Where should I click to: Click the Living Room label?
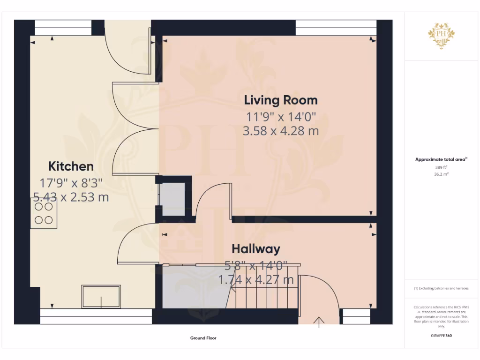280,100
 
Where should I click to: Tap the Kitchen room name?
71,166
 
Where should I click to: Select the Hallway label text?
255,248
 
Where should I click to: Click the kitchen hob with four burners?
44,213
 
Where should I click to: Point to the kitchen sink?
101,296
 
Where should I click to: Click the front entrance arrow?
320,322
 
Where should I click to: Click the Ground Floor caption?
203,337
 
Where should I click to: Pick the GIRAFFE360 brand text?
441,336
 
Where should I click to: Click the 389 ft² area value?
441,167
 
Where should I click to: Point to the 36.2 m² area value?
441,173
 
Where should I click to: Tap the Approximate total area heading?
441,159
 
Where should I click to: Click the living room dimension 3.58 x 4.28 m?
280,131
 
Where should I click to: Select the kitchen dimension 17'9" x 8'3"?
71,182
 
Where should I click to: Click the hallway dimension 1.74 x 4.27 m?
256,280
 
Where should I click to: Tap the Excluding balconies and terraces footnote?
441,288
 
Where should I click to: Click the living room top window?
336,28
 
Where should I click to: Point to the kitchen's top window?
63,28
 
